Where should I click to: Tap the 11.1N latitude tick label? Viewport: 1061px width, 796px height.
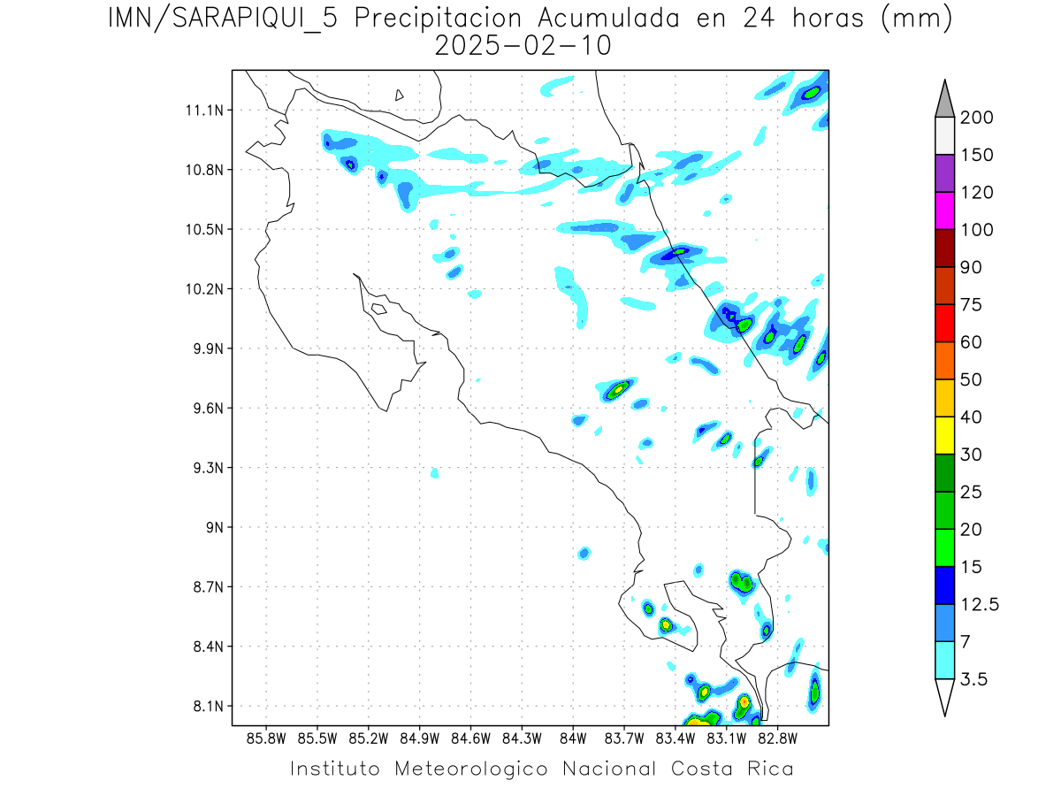point(202,111)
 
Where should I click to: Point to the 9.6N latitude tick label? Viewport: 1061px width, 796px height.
point(205,409)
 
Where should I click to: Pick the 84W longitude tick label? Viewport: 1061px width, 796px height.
point(573,738)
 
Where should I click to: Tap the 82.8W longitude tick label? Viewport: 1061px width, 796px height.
point(777,738)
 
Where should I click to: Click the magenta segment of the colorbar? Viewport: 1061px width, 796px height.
point(943,210)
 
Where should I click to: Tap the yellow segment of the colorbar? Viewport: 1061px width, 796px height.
point(943,435)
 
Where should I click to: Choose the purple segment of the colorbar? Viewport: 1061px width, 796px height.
point(943,173)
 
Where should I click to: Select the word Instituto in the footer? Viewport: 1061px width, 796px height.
point(335,769)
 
